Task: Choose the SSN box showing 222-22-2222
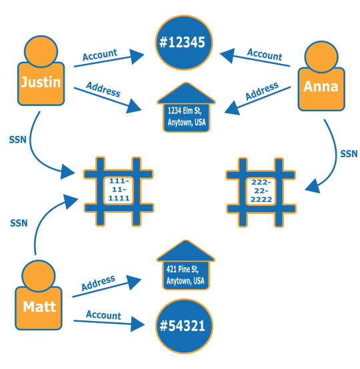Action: click(261, 190)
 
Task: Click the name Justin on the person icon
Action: click(41, 83)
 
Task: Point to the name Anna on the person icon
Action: click(321, 87)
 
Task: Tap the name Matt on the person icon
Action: click(39, 306)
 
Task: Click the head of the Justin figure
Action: click(41, 50)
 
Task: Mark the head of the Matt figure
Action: click(39, 274)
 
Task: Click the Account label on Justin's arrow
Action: click(99, 55)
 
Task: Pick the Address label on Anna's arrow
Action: click(261, 92)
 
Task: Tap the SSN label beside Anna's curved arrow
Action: click(349, 154)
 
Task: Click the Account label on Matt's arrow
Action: click(103, 316)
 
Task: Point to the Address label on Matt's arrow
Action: click(98, 282)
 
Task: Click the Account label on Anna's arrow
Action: click(265, 54)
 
